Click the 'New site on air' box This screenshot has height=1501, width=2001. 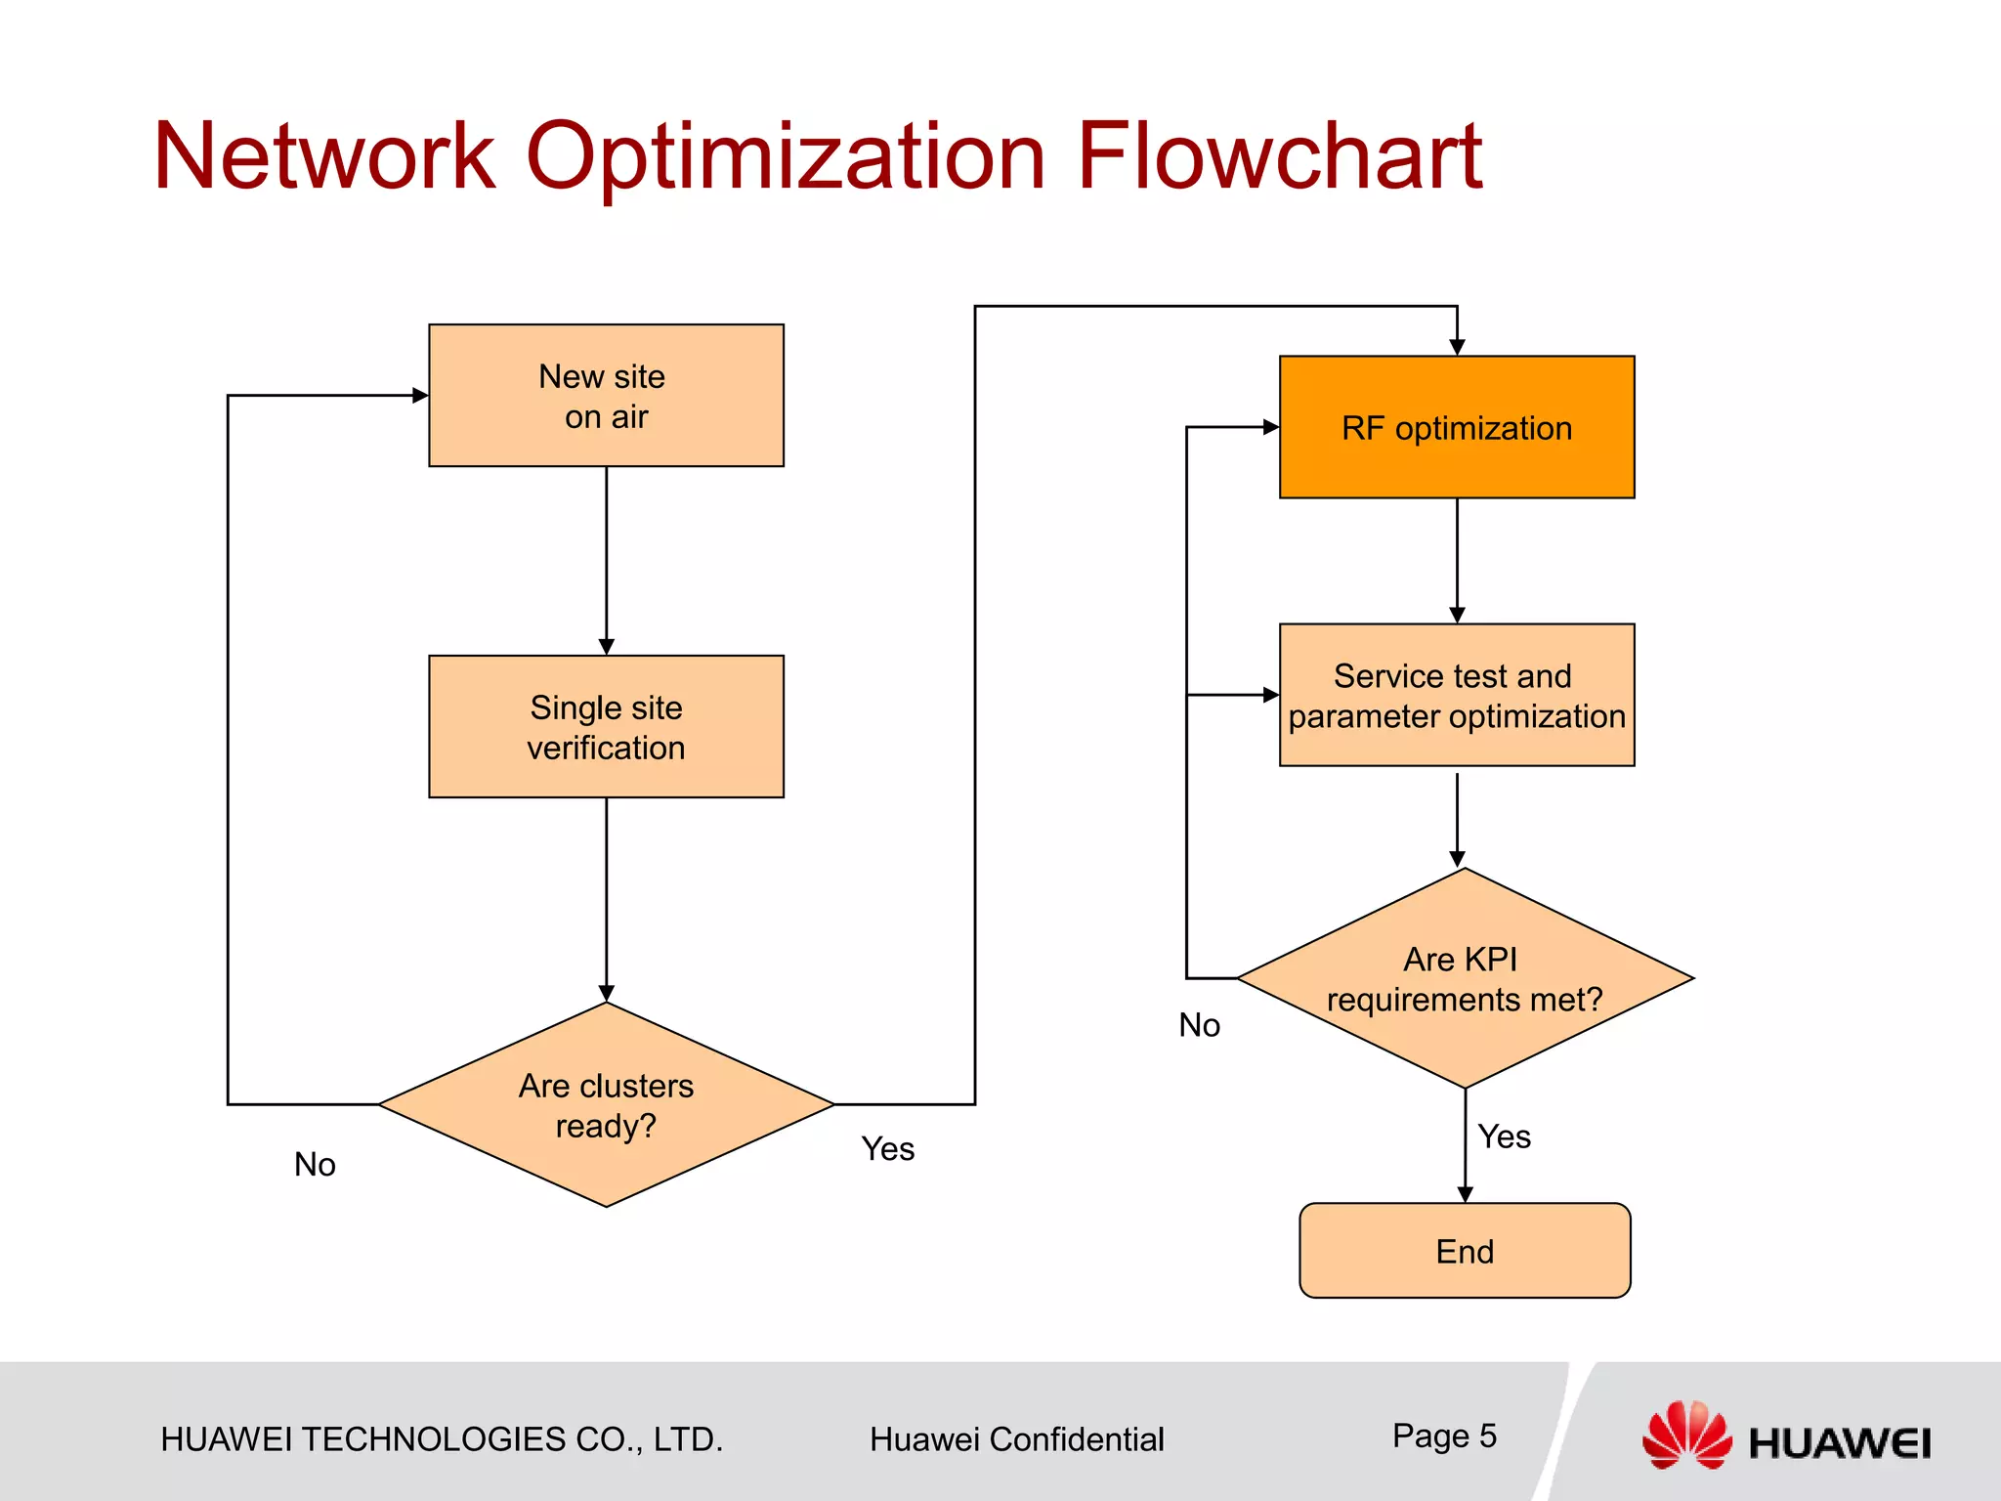tap(606, 396)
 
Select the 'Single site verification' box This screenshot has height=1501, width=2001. tap(606, 726)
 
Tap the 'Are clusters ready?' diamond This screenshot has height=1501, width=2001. tap(606, 1105)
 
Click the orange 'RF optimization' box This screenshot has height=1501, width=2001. tap(1456, 427)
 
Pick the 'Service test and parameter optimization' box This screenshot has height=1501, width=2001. tap(1456, 695)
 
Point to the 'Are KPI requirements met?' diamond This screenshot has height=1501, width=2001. tap(1464, 978)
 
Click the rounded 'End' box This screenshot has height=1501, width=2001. tap(1464, 1251)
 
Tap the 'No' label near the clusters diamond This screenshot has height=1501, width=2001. tap(315, 1164)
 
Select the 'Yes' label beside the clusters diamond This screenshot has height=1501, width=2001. tap(887, 1148)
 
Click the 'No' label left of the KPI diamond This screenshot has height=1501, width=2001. tap(1199, 1025)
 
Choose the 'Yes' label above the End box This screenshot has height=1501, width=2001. tap(1504, 1136)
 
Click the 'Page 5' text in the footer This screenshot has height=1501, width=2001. tap(1444, 1436)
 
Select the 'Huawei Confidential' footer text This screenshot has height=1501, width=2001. tap(1016, 1439)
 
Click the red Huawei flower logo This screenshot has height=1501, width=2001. tap(1685, 1434)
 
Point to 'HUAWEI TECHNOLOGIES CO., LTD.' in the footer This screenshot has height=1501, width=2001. tap(442, 1439)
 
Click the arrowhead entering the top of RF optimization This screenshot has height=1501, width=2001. tap(1457, 348)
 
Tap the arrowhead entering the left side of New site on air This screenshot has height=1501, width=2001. tap(420, 396)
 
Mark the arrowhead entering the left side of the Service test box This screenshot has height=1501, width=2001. tap(1271, 695)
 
